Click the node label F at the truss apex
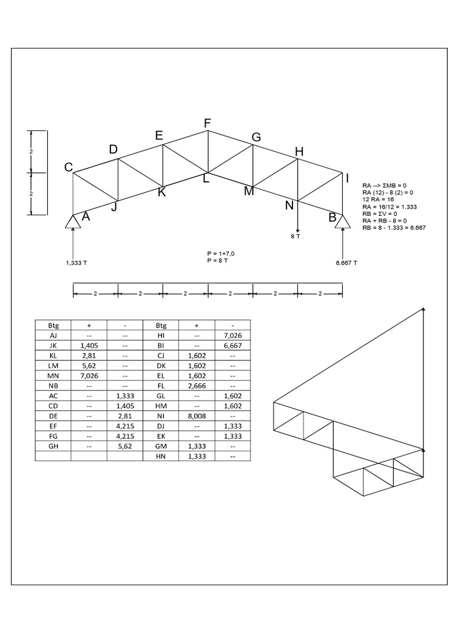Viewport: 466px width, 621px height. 208,124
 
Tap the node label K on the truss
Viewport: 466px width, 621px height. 161,192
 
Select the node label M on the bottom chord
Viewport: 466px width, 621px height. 249,192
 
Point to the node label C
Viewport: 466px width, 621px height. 69,168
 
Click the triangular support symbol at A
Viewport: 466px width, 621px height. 73,221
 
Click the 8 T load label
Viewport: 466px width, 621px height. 296,237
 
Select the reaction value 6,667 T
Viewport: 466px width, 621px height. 346,263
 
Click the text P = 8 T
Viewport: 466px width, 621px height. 217,260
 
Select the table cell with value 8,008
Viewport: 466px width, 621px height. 196,417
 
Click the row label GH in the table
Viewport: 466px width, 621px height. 53,446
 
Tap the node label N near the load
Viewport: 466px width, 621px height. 289,205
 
